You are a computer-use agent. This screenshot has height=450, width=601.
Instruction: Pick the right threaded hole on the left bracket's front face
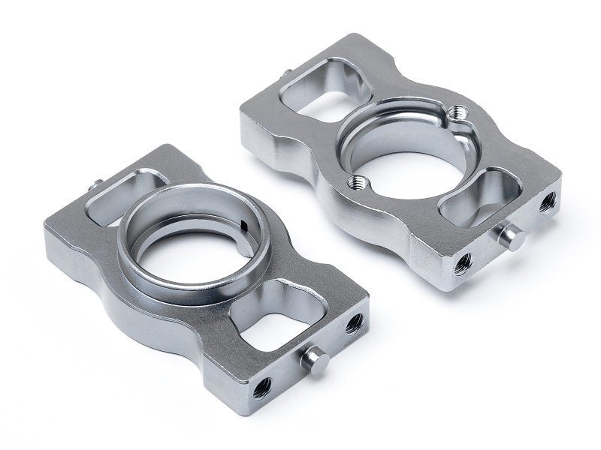(354, 323)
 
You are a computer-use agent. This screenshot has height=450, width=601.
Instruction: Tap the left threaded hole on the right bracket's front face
(463, 262)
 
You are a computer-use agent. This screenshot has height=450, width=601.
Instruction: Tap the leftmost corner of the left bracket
(46, 234)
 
